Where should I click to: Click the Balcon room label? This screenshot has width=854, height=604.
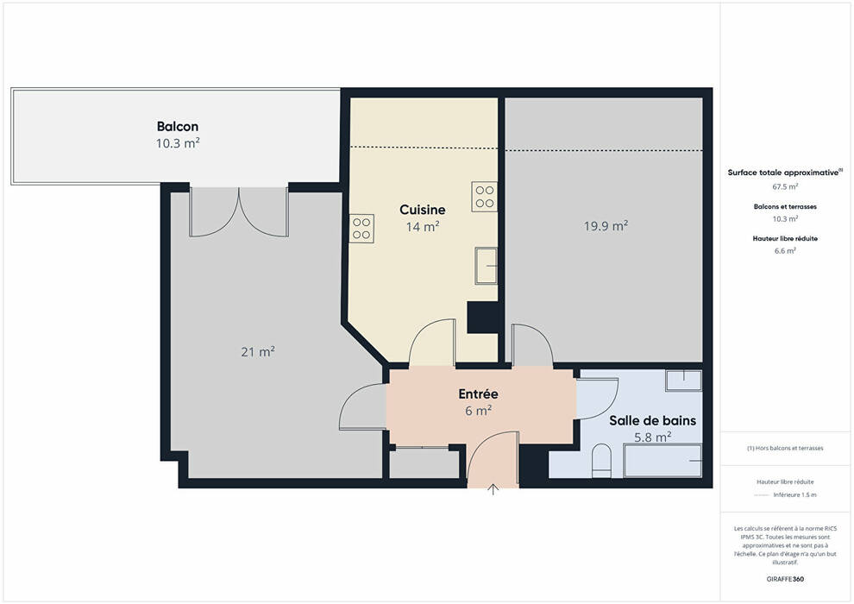pos(178,126)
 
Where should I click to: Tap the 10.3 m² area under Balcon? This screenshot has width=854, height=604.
pos(178,143)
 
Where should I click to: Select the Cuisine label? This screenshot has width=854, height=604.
pos(422,210)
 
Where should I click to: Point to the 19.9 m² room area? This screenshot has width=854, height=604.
pos(606,225)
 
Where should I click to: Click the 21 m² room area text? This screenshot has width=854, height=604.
pos(258,352)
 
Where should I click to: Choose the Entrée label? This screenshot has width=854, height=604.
pos(478,393)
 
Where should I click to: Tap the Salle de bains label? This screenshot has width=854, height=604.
pos(652,420)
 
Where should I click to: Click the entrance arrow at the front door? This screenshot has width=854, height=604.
pos(493,489)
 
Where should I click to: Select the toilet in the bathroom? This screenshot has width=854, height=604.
pos(602,460)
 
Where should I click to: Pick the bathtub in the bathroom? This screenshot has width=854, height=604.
pos(662,461)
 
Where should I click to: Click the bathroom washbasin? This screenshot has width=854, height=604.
pos(683,381)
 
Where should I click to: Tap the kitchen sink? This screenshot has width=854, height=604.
pos(486,266)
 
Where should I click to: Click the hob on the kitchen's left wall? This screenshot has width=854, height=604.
pos(361,228)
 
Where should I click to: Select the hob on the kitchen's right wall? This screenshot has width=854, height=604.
pos(484,196)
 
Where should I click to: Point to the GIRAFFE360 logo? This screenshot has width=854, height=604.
pos(785,579)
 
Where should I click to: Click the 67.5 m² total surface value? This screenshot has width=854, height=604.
pos(785,187)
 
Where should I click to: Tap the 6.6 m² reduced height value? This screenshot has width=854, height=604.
pos(785,251)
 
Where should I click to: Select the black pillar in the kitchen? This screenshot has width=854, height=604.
pos(483,317)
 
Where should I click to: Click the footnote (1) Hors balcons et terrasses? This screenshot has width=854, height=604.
pos(785,448)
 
